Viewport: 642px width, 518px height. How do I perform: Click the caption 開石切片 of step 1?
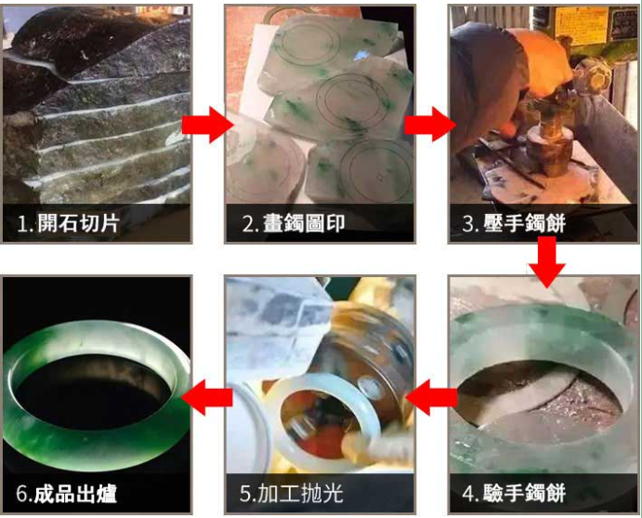pos(79,224)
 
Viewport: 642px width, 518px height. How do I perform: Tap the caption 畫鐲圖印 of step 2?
pos(304,224)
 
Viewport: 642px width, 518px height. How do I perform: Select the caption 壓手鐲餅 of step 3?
pos(525,224)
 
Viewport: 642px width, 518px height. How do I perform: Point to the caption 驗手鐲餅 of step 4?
pos(525,493)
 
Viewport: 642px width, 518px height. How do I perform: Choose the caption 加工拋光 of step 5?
pos(300,493)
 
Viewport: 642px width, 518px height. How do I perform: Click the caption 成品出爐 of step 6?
pos(75,493)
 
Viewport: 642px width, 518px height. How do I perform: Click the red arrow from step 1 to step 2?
pos(207,125)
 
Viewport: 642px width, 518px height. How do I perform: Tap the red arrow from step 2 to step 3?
pos(430,125)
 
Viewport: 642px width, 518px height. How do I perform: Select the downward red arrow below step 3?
pos(546,262)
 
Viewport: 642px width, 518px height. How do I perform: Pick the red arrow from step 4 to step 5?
pos(431,397)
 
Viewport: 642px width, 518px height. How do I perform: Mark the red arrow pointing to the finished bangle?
pos(207,397)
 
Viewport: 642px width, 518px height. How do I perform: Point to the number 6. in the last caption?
pos(24,494)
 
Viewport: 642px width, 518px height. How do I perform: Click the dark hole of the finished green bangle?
pos(93,392)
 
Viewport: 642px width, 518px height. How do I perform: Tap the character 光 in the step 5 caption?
pos(333,493)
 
